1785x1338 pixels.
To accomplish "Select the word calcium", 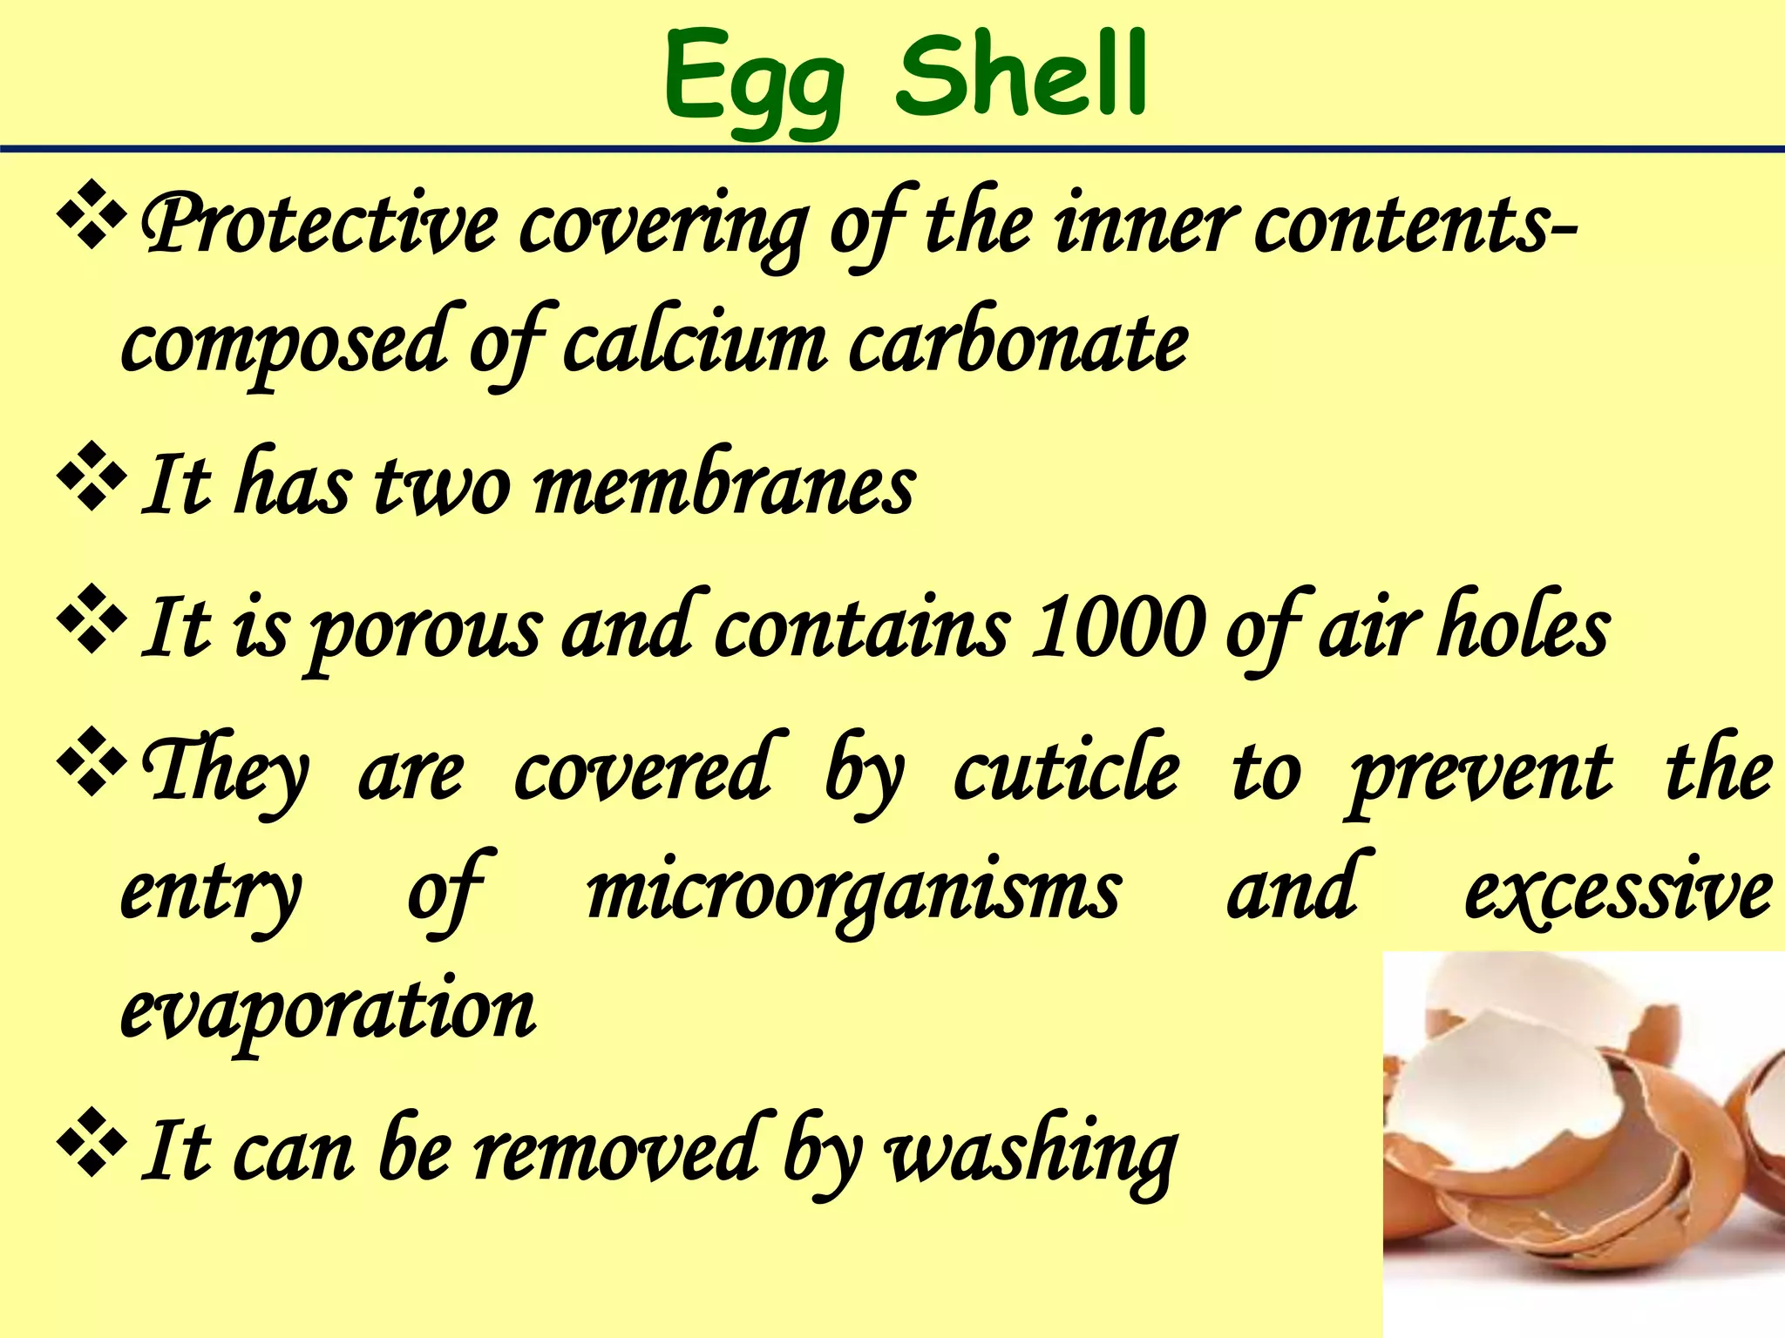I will tap(694, 343).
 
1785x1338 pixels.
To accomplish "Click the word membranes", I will tap(723, 484).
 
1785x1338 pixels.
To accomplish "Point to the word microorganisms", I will tap(853, 892).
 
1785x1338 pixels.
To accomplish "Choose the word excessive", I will tap(1618, 892).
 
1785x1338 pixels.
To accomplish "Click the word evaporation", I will tap(328, 1010).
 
